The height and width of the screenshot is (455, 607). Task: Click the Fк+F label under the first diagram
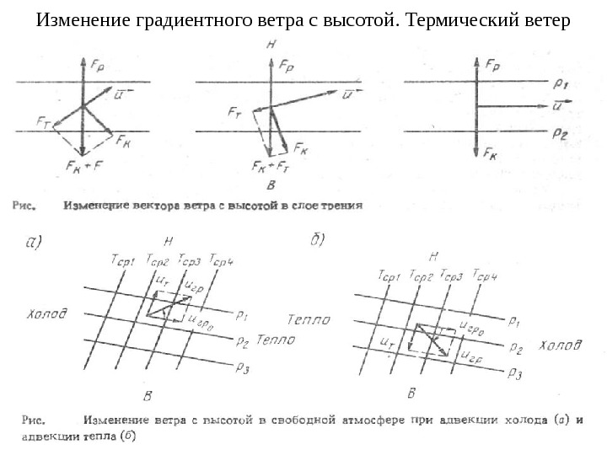pos(83,165)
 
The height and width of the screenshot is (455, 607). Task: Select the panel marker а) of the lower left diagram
pos(33,243)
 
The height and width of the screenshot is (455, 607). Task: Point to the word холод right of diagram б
pos(560,345)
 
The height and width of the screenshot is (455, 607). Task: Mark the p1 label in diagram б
pos(515,321)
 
